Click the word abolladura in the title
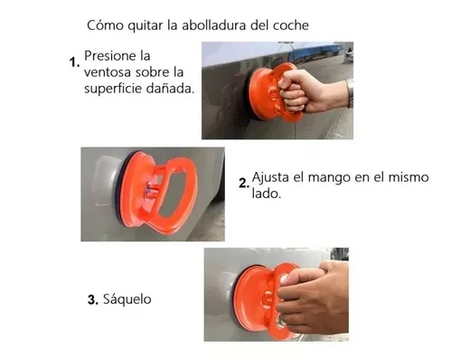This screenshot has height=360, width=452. coord(214,25)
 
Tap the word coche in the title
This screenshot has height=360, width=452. coord(291,25)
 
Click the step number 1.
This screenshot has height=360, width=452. coord(74,62)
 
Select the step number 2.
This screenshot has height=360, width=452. coord(244,183)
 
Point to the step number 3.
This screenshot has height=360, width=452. coord(93,299)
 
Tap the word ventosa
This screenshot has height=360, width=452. coord(108,72)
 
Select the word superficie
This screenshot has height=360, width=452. coord(113,89)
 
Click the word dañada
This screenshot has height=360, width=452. coord(170,88)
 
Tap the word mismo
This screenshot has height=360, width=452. coord(409,177)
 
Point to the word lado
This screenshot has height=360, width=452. coord(266,194)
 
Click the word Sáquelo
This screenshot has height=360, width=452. coord(127,299)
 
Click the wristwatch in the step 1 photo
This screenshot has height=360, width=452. coord(350,92)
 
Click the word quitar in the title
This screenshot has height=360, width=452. coord(145,25)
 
